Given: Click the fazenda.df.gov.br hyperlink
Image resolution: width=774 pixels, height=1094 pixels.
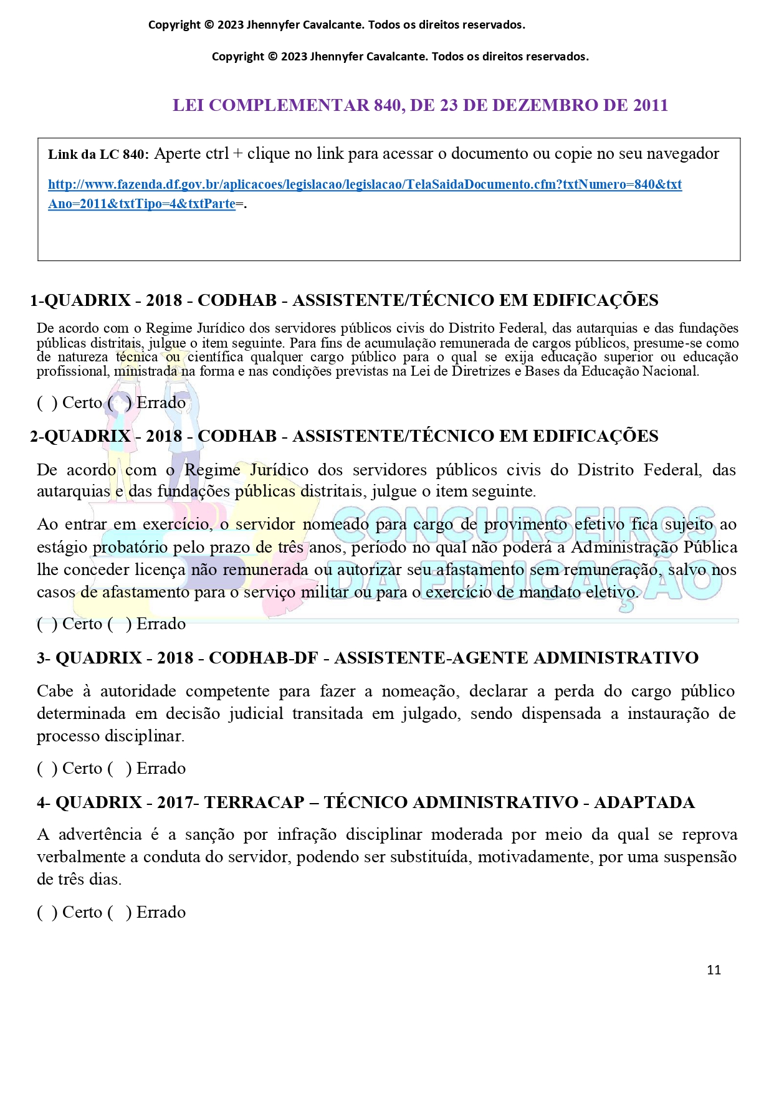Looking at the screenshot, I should [x=365, y=185].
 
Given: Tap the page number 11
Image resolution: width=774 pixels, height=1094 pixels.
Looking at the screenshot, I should [x=714, y=969].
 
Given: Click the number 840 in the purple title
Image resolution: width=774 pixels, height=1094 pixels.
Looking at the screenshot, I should [x=387, y=105].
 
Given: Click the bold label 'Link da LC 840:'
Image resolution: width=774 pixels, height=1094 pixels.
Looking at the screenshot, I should [x=98, y=155].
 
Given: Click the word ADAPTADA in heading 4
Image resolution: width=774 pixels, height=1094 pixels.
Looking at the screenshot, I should [x=644, y=802].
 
